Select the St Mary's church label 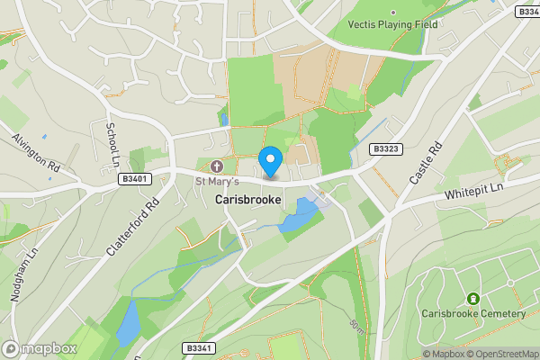click(x=217, y=181)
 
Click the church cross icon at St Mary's click(x=216, y=166)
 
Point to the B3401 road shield click(x=133, y=180)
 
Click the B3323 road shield click(x=385, y=148)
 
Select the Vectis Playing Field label click(x=393, y=25)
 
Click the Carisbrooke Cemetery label click(x=472, y=313)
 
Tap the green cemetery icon click(x=472, y=298)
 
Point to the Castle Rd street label click(x=427, y=162)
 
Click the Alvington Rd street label click(x=35, y=153)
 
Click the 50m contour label click(x=356, y=322)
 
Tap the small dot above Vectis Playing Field click(x=392, y=13)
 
